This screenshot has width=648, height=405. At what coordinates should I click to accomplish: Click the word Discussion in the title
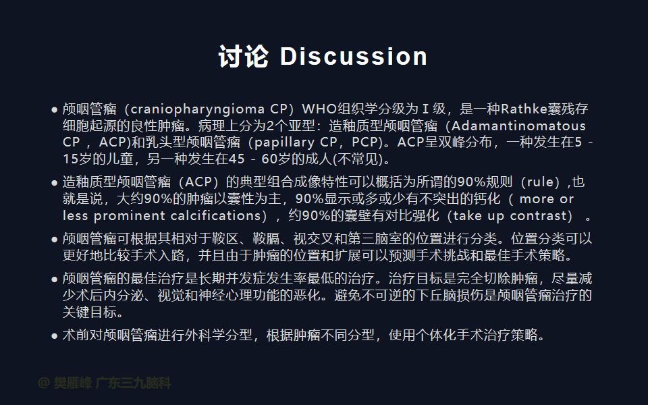[x=354, y=56]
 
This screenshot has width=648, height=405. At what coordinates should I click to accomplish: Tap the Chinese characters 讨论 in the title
[x=244, y=56]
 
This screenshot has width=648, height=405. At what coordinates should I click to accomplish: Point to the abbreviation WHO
[x=319, y=109]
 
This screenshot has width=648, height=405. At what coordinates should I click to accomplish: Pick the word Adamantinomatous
[x=518, y=126]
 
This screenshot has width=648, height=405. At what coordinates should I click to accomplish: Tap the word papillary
[x=284, y=142]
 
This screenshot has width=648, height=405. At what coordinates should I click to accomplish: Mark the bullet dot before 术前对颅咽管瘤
[x=54, y=336]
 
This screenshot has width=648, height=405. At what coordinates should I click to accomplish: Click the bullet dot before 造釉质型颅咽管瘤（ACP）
[x=54, y=183]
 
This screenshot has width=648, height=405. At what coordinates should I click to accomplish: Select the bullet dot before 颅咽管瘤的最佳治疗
[x=54, y=279]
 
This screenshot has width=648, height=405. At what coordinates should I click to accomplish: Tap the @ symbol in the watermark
[x=43, y=383]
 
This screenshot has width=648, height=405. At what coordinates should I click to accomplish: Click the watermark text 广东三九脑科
[x=133, y=383]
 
